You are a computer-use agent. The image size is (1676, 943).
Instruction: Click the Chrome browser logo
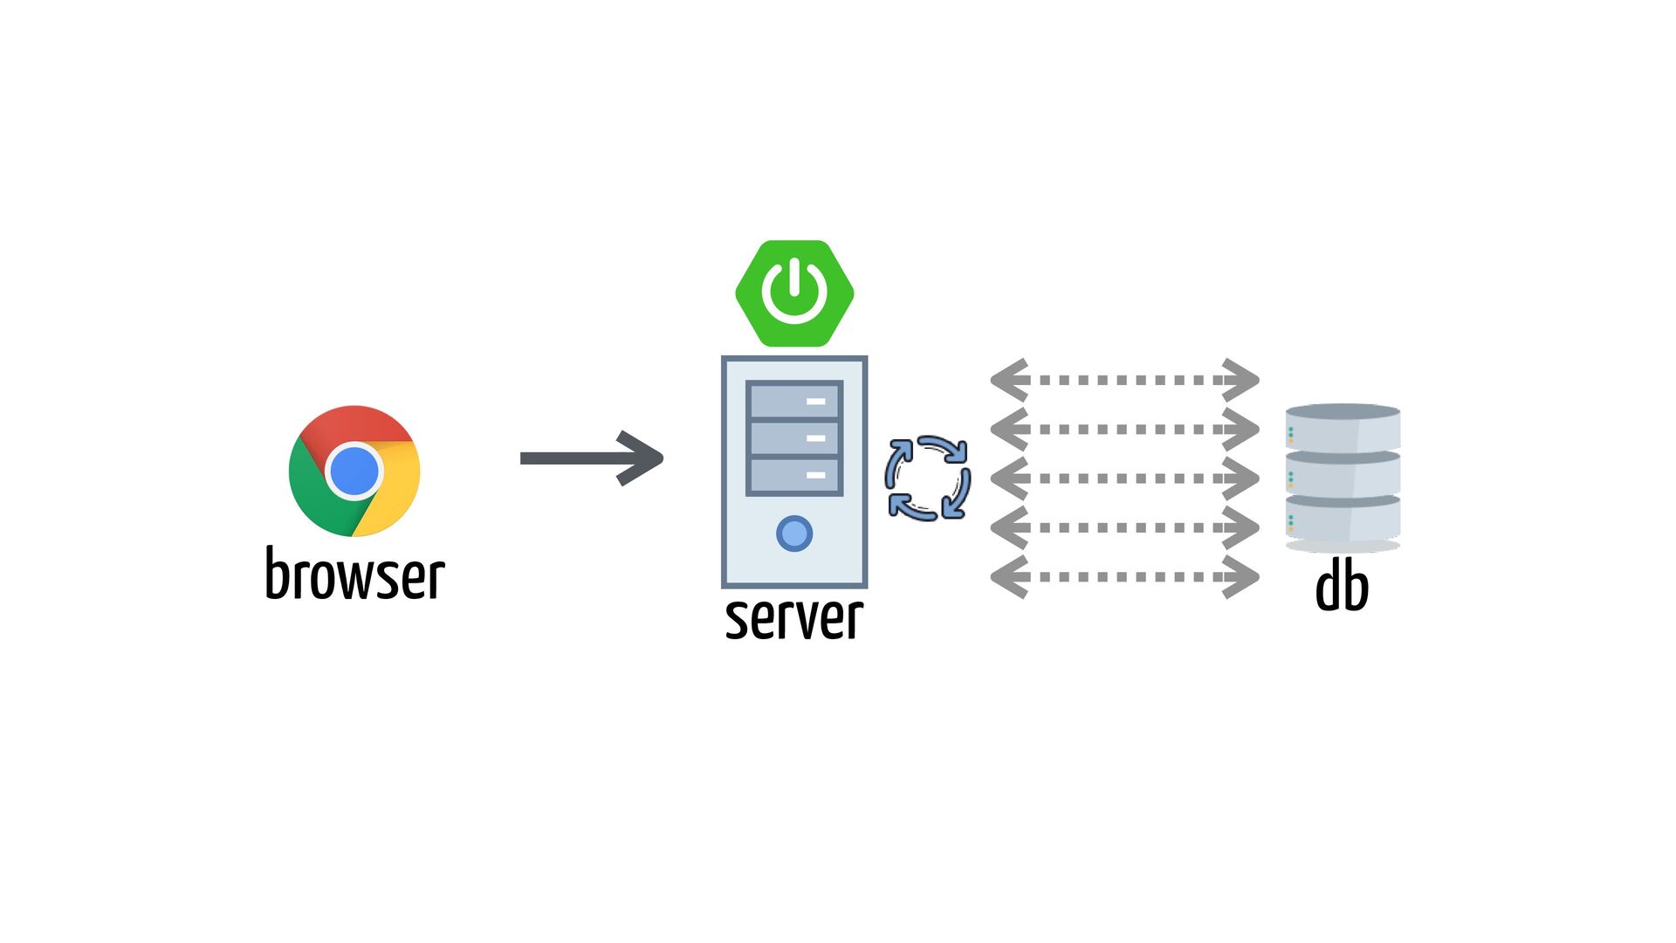tap(354, 471)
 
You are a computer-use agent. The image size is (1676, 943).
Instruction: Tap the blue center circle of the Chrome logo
tap(354, 471)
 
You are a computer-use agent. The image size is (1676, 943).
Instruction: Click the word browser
tap(355, 575)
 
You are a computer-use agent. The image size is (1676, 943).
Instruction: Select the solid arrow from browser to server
tap(591, 458)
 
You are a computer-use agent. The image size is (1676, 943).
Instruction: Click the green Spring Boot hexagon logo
tap(794, 293)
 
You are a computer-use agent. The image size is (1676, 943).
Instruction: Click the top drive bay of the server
tap(794, 402)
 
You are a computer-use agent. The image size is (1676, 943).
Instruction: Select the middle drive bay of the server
tap(794, 438)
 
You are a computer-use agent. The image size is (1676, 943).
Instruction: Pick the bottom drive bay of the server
tap(794, 476)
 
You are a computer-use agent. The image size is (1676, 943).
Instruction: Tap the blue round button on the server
tap(794, 533)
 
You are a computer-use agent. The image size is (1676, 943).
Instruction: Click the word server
tap(794, 617)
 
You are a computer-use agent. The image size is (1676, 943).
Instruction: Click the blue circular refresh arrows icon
tap(927, 478)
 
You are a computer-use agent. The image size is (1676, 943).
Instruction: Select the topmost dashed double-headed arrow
tap(1124, 380)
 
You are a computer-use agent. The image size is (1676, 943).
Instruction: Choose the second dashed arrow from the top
tap(1124, 430)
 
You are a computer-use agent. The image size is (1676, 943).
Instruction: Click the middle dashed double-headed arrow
tap(1124, 478)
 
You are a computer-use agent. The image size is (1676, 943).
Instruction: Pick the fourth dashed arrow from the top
tap(1124, 528)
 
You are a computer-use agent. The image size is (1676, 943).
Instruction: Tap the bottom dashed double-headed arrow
tap(1124, 577)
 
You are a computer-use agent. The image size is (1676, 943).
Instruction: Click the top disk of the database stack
tap(1343, 427)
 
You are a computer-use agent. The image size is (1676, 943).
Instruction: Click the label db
tap(1342, 586)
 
